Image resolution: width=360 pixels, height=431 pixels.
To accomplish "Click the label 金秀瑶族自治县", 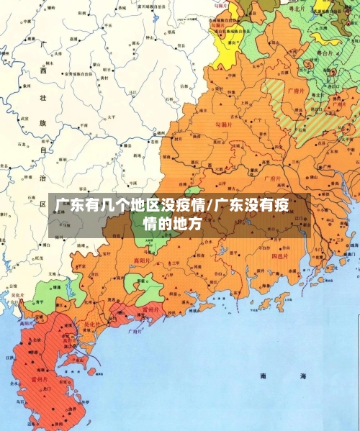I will pos(78,73).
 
